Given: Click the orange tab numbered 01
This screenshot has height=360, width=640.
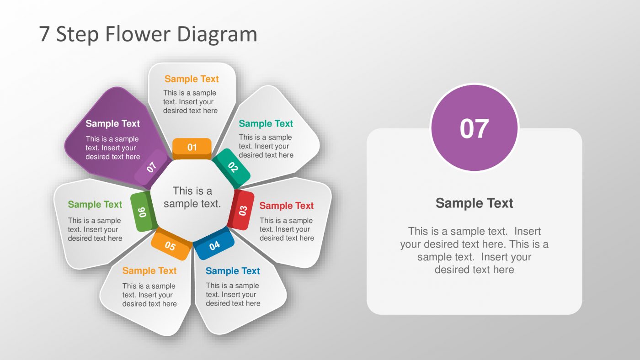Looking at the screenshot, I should click(192, 147).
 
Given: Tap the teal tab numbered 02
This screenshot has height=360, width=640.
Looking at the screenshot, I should click(233, 167).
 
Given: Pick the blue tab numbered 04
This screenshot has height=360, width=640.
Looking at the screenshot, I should click(214, 245).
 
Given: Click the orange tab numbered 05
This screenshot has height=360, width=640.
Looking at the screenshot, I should click(170, 246).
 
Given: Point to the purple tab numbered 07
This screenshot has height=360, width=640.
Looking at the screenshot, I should click(152, 168).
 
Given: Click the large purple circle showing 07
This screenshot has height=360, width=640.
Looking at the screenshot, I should click(474, 128).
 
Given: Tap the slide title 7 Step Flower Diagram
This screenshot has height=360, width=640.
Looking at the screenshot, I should click(148, 34).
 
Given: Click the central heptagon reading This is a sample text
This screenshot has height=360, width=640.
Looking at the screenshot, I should click(192, 197).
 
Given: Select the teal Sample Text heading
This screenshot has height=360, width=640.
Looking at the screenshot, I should click(266, 124).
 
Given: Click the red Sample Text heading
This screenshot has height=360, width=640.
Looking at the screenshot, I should click(286, 206).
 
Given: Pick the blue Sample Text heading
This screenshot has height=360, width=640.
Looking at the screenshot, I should click(232, 271).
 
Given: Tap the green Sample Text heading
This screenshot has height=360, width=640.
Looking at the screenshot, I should click(95, 204).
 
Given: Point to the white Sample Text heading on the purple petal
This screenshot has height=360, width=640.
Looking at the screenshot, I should click(112, 123).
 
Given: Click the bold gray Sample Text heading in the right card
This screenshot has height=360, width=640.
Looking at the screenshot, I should click(474, 203).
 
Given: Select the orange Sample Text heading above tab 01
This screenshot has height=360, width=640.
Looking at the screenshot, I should click(192, 79).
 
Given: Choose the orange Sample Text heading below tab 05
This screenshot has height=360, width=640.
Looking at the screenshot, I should click(149, 270).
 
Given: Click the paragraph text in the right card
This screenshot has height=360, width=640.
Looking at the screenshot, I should click(474, 250).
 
